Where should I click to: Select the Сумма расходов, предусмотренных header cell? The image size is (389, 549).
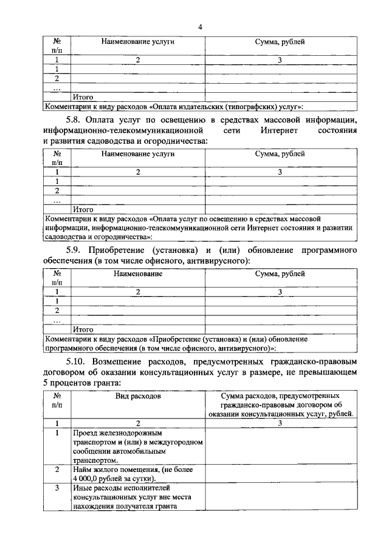[x=280, y=395]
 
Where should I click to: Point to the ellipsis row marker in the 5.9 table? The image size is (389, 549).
[x=57, y=320]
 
